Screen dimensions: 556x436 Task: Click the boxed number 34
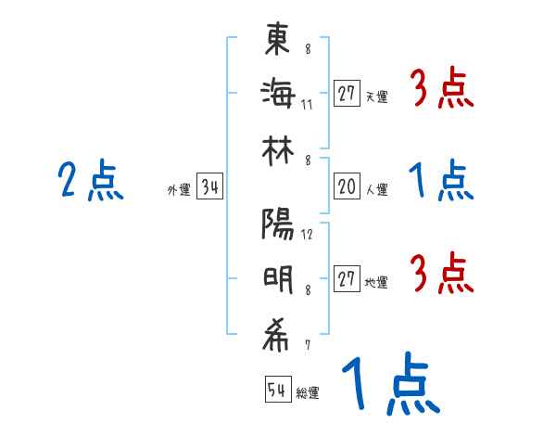click(209, 189)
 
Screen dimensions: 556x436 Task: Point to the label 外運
click(179, 191)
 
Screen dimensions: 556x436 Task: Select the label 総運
click(308, 393)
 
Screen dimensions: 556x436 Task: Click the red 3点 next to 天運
click(442, 90)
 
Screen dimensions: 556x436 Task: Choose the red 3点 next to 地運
click(442, 274)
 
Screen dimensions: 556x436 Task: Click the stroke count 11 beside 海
click(307, 104)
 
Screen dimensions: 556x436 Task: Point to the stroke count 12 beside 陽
click(307, 234)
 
